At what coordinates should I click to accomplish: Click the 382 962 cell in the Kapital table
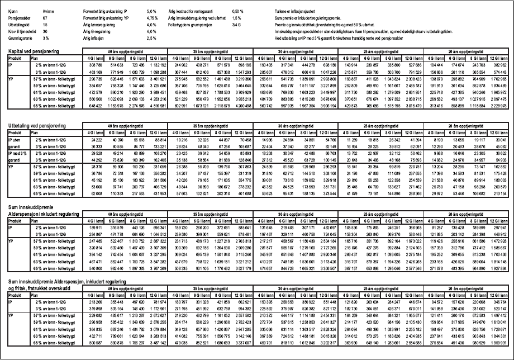click(501, 66)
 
